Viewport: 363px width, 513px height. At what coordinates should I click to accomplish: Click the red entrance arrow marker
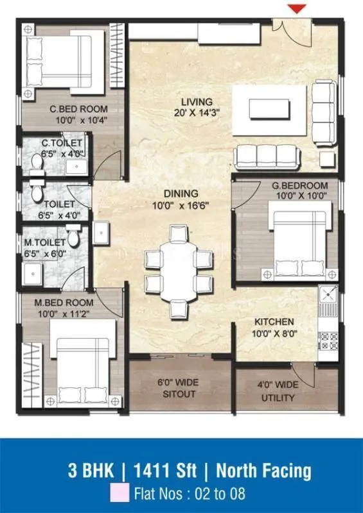pyautogui.click(x=296, y=8)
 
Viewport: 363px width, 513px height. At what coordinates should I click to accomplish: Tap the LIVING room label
pyautogui.click(x=197, y=102)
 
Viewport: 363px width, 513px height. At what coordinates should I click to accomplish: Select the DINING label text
pyautogui.click(x=181, y=193)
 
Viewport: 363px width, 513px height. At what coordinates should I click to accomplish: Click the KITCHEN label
pyautogui.click(x=274, y=321)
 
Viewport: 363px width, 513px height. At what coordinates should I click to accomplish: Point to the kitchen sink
pyautogui.click(x=328, y=297)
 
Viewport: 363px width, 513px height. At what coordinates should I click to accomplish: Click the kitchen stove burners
pyautogui.click(x=328, y=341)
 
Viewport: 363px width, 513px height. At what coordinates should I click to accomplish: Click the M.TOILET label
pyautogui.click(x=44, y=242)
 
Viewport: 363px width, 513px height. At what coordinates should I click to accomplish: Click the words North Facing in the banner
pyautogui.click(x=263, y=471)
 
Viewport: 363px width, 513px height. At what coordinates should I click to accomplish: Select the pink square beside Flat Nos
pyautogui.click(x=118, y=494)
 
